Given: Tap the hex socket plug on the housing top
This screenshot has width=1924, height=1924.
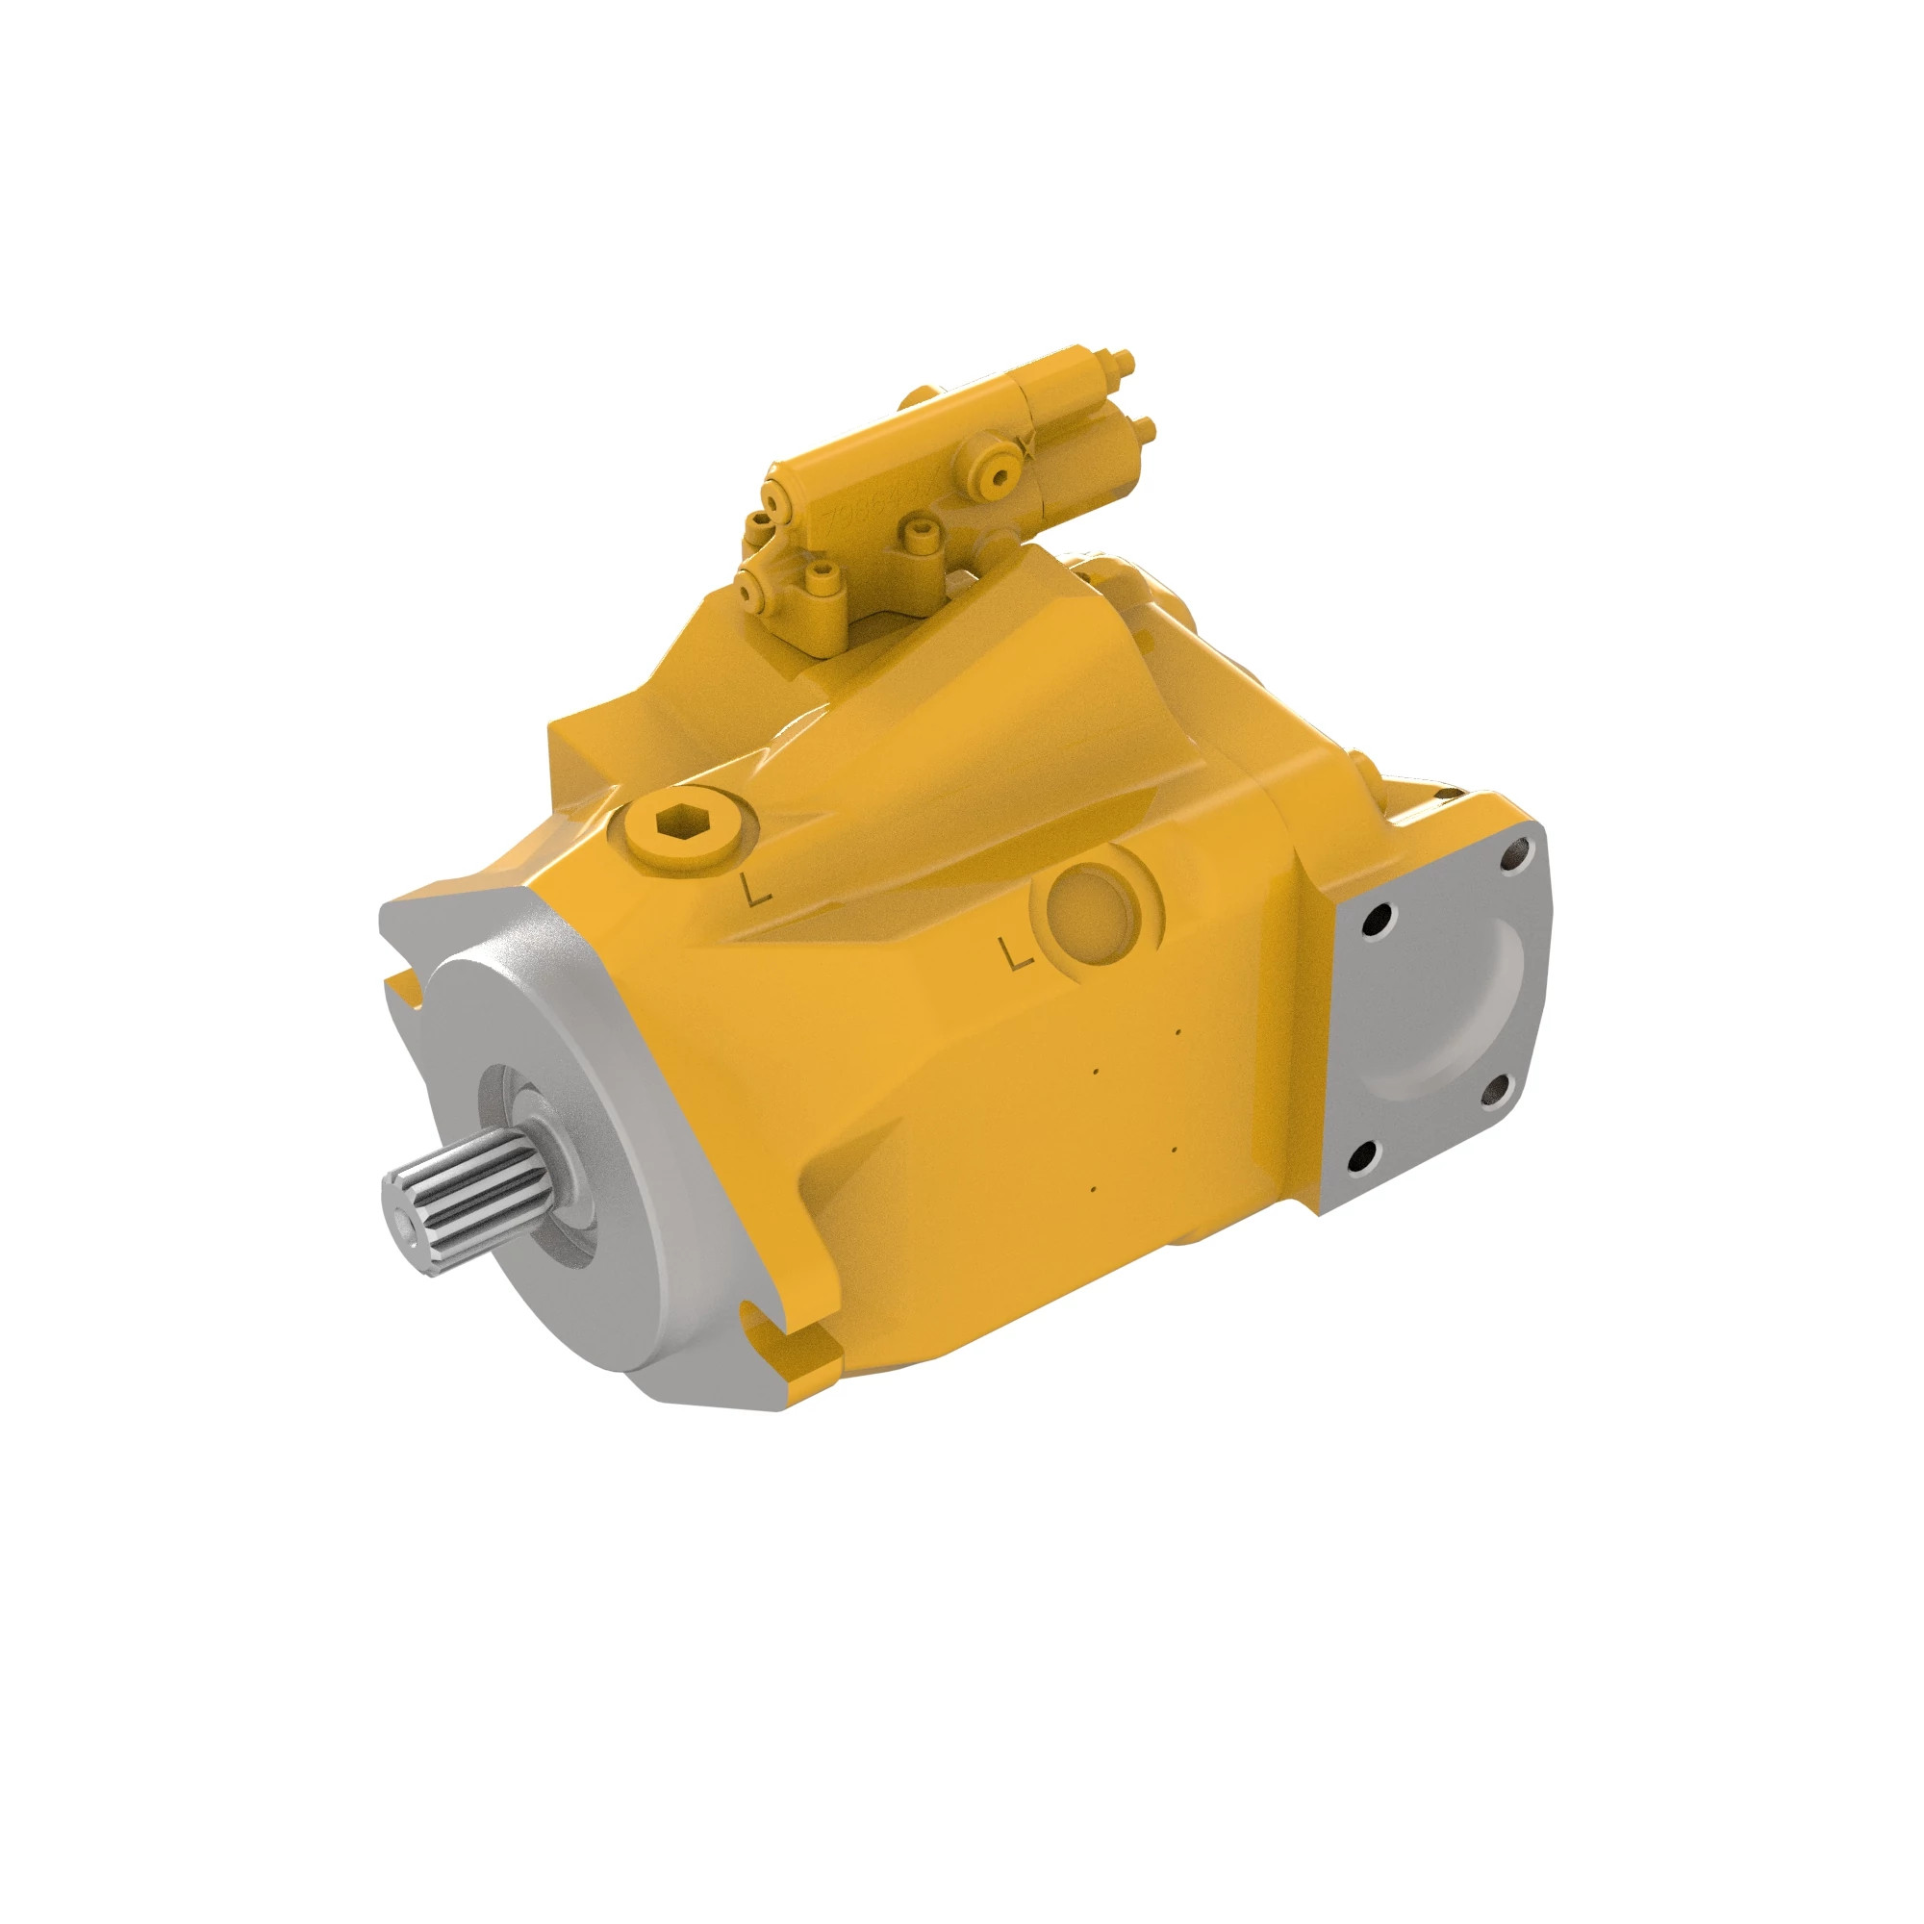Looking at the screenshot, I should click(684, 823).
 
